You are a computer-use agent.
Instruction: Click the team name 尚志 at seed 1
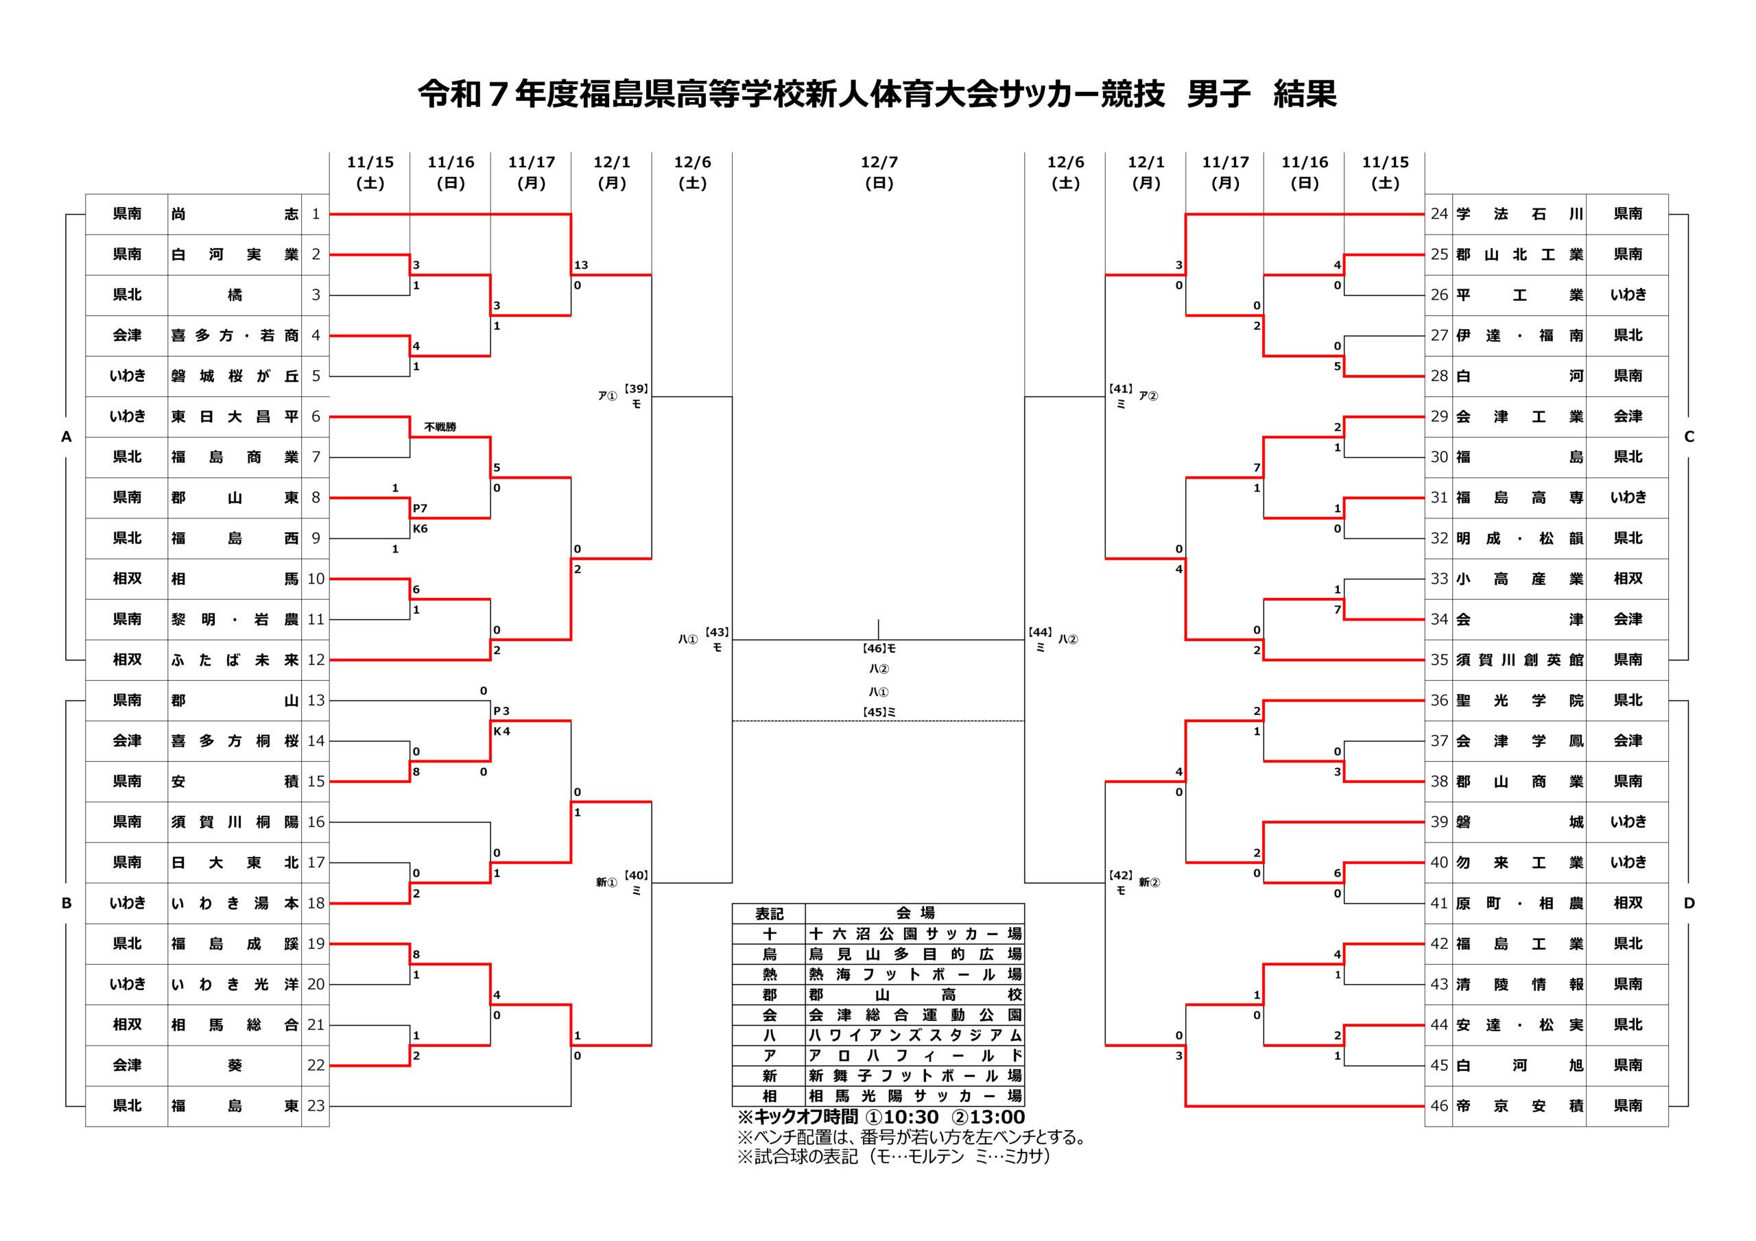234,214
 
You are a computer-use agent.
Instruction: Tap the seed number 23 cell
316,1106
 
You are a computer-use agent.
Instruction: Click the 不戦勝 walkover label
440,426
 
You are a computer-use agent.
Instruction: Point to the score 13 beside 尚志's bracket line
581,265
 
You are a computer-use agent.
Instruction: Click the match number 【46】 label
874,649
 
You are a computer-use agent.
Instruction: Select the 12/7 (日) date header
879,172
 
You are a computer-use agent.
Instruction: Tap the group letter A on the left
67,437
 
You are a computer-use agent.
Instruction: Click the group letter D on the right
1689,903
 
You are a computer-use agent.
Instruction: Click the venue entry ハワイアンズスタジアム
915,1035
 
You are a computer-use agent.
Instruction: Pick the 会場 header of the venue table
915,913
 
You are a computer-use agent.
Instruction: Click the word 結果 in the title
1305,94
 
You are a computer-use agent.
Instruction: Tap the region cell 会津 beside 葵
127,1065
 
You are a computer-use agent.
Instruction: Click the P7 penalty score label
420,509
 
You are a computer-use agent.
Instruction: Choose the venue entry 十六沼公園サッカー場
915,934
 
